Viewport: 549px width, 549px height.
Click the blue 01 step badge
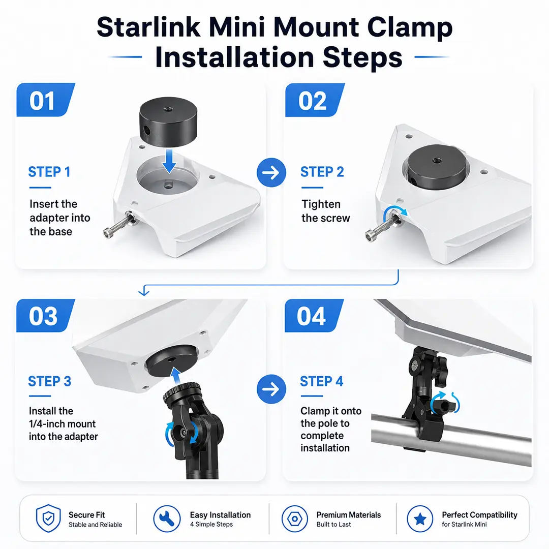(46, 100)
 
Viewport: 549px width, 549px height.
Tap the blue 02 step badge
(315, 100)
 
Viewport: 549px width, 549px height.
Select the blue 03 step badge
(46, 316)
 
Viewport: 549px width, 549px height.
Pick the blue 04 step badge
(314, 316)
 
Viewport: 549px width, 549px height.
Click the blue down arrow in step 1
(169, 161)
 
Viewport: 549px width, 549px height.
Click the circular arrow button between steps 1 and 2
(271, 172)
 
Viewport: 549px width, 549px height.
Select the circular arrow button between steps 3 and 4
(271, 389)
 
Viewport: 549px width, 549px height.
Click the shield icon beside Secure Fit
(48, 518)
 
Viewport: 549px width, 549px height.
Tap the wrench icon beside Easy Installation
(167, 518)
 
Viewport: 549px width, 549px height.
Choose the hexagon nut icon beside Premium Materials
(295, 518)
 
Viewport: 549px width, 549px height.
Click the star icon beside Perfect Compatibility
(420, 518)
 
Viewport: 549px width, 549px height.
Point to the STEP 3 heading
(50, 381)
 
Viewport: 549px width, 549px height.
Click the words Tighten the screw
(326, 211)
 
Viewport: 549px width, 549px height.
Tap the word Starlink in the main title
(148, 27)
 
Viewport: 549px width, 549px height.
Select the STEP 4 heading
(322, 381)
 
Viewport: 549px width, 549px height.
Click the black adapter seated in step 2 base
(437, 166)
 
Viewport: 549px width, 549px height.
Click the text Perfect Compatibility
(479, 514)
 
